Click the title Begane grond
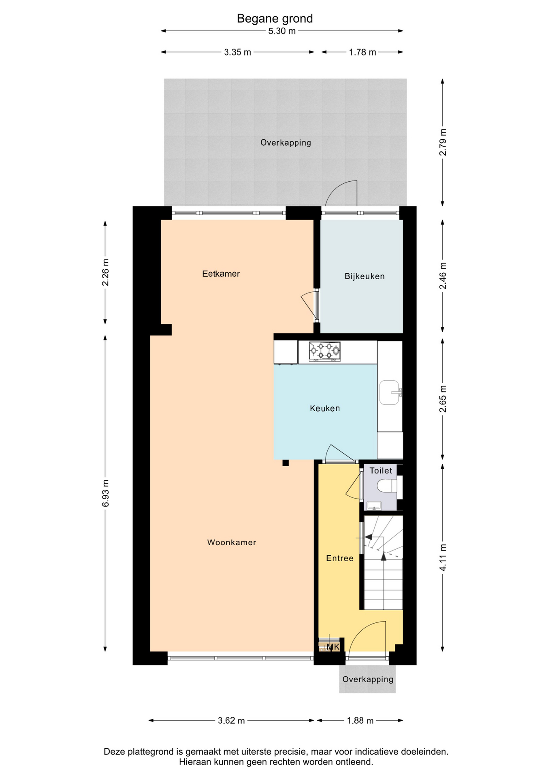tap(275, 19)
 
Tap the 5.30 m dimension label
tap(282, 31)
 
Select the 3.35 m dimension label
tap(237, 52)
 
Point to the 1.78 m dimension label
tap(362, 52)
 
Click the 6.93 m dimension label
tap(105, 493)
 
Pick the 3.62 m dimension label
tap(231, 720)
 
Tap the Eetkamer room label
tap(221, 274)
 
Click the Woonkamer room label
tap(232, 542)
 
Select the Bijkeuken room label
tap(365, 276)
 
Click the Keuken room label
tap(325, 408)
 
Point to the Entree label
tap(340, 558)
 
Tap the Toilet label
tap(381, 471)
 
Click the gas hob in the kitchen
tap(324, 351)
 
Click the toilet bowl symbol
tap(387, 486)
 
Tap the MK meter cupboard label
tap(333, 647)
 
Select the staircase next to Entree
tap(383, 563)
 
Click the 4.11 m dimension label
tap(443, 558)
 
